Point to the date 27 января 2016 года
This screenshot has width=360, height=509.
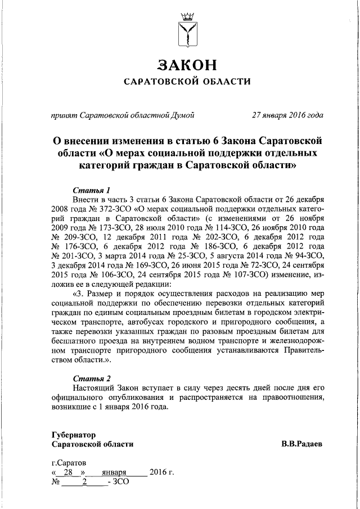(x=288, y=116)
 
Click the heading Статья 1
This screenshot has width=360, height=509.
(x=92, y=189)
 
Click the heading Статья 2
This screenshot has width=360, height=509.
(x=92, y=378)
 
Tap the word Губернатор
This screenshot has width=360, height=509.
(x=73, y=435)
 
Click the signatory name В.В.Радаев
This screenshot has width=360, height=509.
(x=303, y=444)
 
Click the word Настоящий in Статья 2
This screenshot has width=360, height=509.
(x=94, y=388)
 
